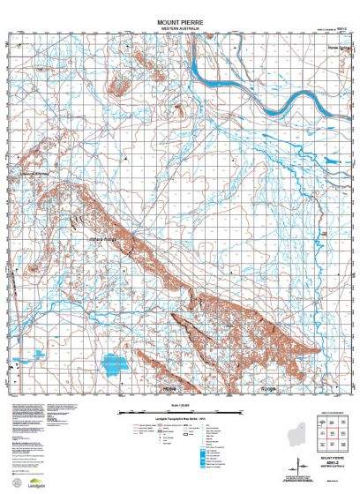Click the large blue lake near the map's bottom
116,363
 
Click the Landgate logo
35,483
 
